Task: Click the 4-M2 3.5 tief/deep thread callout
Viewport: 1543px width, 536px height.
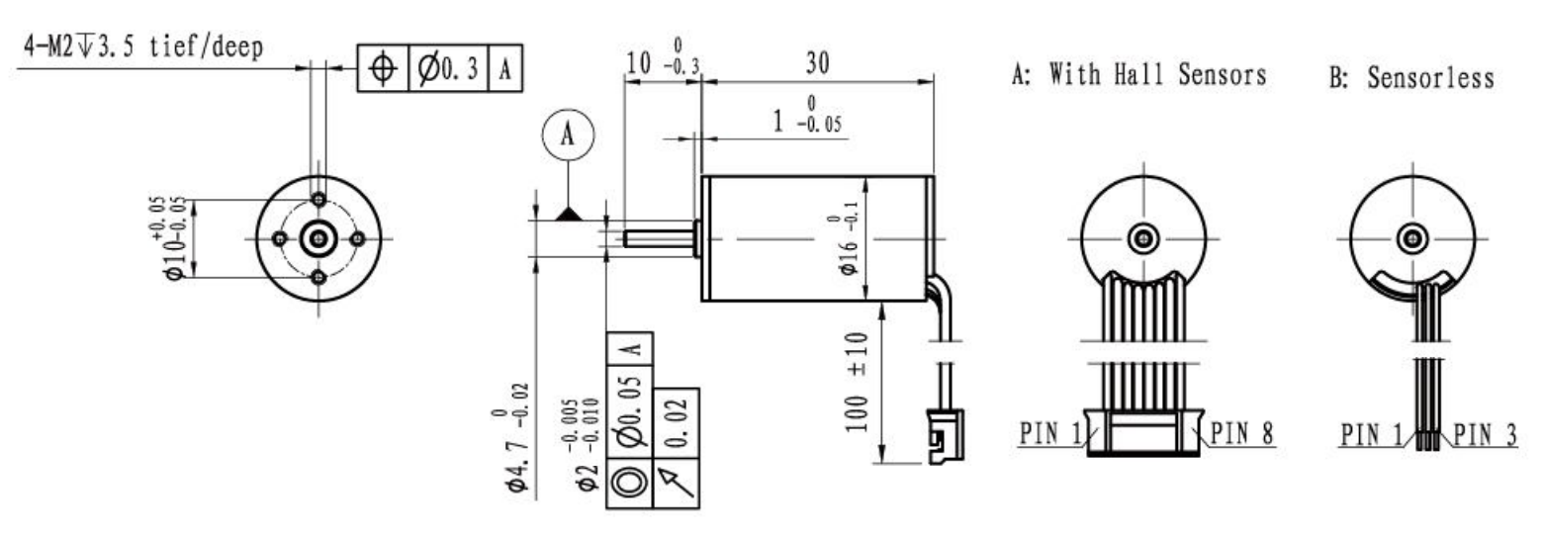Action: (x=143, y=47)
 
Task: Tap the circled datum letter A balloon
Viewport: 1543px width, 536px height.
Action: (x=568, y=134)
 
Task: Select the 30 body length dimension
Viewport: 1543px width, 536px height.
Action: (x=818, y=63)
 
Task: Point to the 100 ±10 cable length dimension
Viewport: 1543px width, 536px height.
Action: (x=857, y=383)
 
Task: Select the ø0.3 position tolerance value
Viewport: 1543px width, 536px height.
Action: (x=448, y=68)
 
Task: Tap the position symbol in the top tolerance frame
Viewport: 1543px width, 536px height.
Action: (x=383, y=68)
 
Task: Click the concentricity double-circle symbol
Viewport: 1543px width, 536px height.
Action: (x=629, y=483)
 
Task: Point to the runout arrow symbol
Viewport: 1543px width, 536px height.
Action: (x=676, y=483)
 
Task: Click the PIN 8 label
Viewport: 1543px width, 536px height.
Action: (x=1242, y=433)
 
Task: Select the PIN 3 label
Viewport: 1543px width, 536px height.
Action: (x=1486, y=435)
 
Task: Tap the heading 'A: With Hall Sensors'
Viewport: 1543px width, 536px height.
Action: (x=1138, y=74)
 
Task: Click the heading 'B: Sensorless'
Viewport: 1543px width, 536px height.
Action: (x=1411, y=77)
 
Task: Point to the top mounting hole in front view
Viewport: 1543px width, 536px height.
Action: (x=318, y=200)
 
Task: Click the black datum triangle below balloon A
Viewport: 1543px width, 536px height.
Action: (x=569, y=214)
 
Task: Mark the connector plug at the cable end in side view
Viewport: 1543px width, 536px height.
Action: (x=946, y=436)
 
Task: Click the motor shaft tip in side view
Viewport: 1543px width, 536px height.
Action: (x=626, y=238)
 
